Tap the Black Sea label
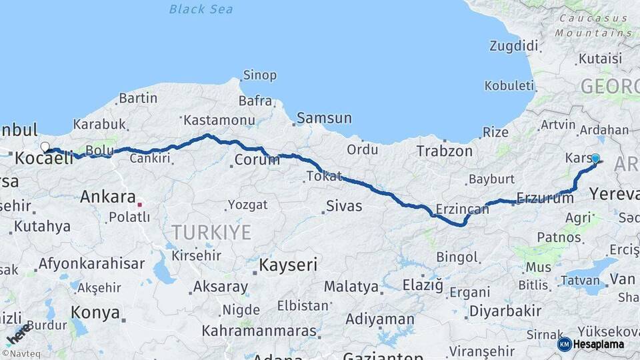pyautogui.click(x=201, y=9)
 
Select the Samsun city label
pyautogui.click(x=324, y=118)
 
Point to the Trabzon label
pyautogui.click(x=444, y=151)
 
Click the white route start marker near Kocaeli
pyautogui.click(x=45, y=147)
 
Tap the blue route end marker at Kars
pyautogui.click(x=595, y=159)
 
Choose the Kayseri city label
pyautogui.click(x=287, y=265)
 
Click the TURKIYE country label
pyautogui.click(x=211, y=232)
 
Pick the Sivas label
pyautogui.click(x=344, y=206)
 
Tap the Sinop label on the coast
pyautogui.click(x=259, y=75)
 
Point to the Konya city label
pyautogui.click(x=95, y=313)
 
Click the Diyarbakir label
pyautogui.click(x=505, y=311)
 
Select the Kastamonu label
pyautogui.click(x=219, y=121)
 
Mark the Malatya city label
pyautogui.click(x=351, y=287)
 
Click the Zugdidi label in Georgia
pyautogui.click(x=513, y=46)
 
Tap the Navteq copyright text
pyautogui.click(x=18, y=353)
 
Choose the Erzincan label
pyautogui.click(x=462, y=209)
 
